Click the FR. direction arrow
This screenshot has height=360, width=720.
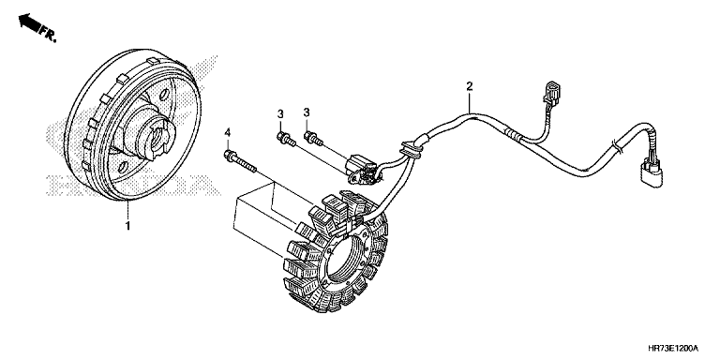[x=28, y=22]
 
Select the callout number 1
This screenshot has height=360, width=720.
[x=128, y=226]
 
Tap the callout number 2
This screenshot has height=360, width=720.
[x=469, y=86]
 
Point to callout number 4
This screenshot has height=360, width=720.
[x=227, y=133]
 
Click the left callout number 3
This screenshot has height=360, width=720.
[x=280, y=113]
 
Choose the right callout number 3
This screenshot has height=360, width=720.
[x=307, y=112]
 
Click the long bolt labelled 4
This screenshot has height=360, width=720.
[x=240, y=161]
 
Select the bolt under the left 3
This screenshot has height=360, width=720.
[x=286, y=139]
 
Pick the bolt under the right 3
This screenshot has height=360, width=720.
[x=313, y=138]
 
